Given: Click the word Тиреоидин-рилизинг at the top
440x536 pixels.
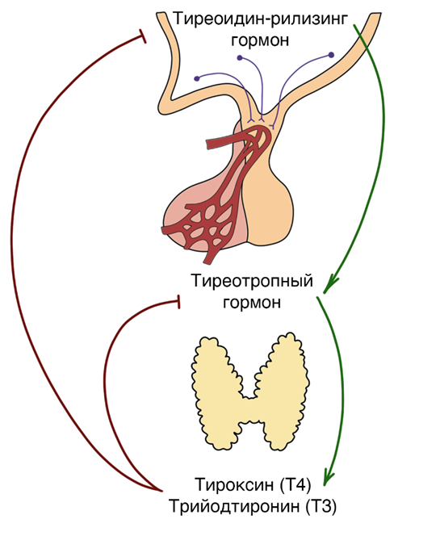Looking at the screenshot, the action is pos(261,19).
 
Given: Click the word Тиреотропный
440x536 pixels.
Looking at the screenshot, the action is pos(253,282).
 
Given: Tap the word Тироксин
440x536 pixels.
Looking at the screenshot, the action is pos(234,484).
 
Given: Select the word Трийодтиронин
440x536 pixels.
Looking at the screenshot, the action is pos(234,506).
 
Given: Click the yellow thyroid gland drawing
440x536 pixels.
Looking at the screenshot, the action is pos(250,392).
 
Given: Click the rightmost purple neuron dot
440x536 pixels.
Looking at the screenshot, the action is pos(331,55).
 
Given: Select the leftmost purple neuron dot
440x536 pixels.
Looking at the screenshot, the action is pos(196,78).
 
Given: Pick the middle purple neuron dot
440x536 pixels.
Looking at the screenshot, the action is pos(240,58).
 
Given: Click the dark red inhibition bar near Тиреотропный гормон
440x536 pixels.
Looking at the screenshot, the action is pos(178,302).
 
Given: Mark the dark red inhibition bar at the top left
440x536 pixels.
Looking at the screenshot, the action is pos(142,36).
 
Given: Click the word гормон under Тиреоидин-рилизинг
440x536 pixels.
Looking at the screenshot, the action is pos(260,40).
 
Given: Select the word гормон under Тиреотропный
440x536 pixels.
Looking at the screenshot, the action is pos(253,303).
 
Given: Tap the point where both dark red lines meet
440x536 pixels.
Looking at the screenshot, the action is pos(161,491).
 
